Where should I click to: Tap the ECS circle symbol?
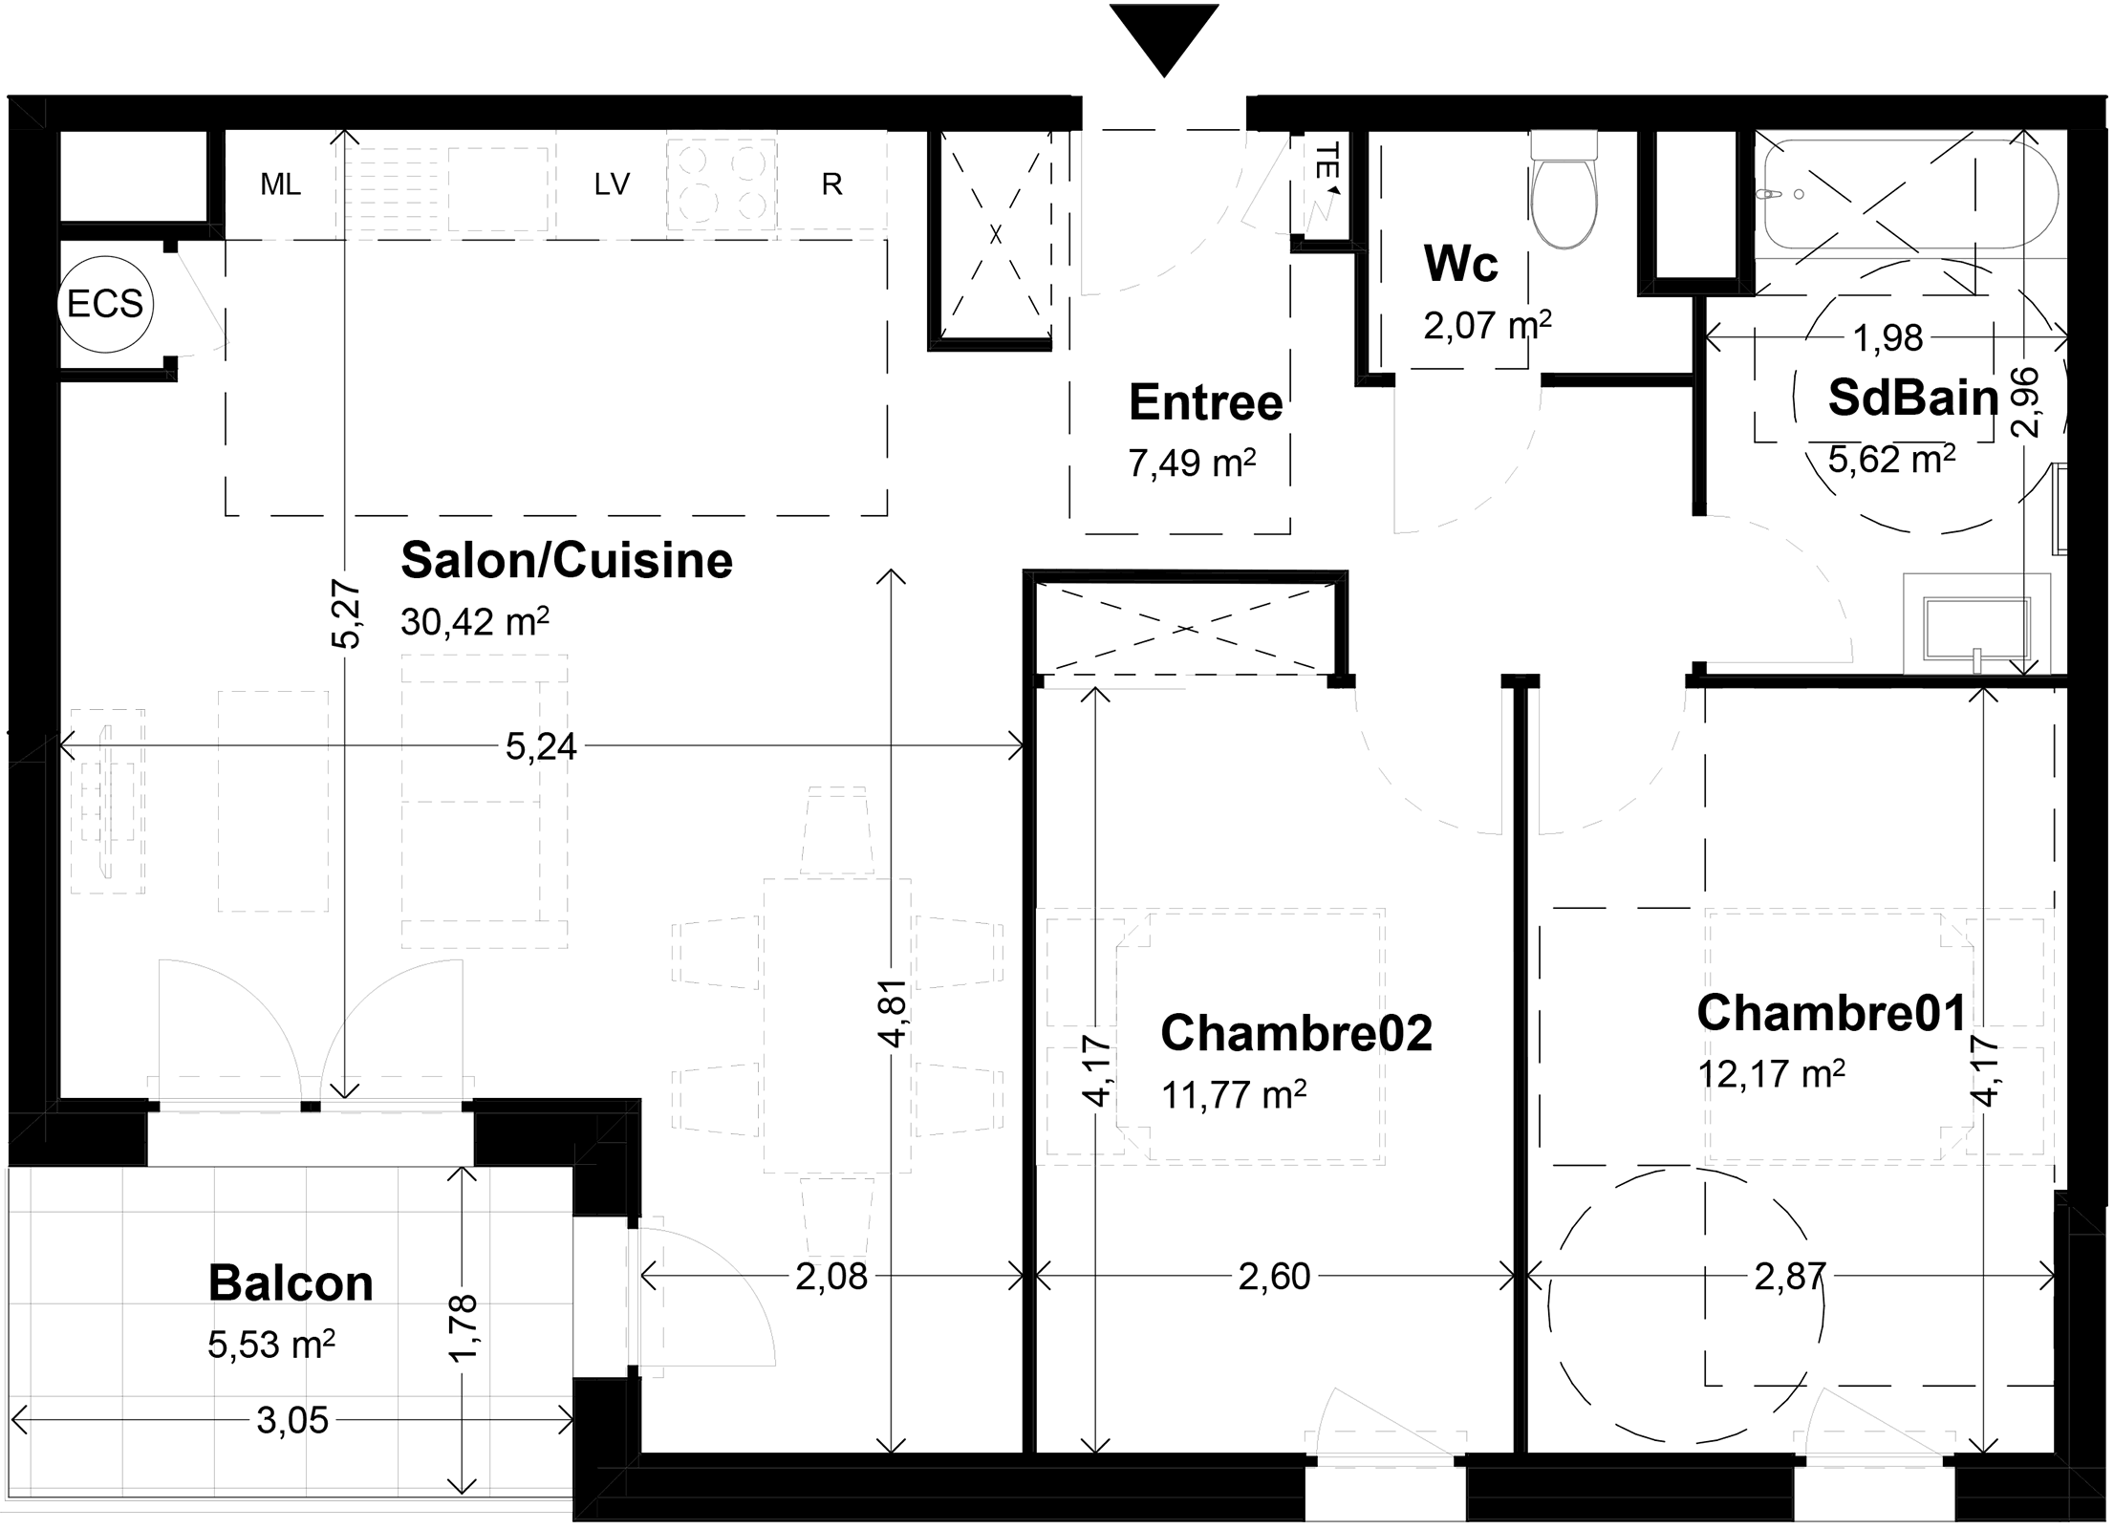point(105,305)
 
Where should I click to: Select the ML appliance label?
point(280,184)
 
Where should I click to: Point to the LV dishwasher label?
point(612,183)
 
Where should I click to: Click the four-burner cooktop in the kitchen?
point(722,184)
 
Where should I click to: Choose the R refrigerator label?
point(832,184)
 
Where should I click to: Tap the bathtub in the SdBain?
point(1910,194)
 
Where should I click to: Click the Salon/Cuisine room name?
point(567,560)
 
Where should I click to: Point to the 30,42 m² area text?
point(475,621)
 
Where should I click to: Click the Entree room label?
point(1205,402)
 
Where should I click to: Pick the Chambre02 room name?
point(1296,1032)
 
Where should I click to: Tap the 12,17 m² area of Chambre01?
point(1771,1073)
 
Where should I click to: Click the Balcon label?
point(291,1283)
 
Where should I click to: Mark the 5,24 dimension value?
point(541,746)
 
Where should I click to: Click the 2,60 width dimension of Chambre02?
point(1274,1277)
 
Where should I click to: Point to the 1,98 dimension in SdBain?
point(1887,337)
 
